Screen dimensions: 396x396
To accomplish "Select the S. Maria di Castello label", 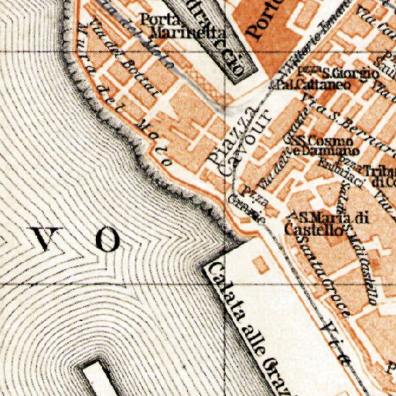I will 325,223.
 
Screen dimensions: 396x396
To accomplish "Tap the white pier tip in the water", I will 97,378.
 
